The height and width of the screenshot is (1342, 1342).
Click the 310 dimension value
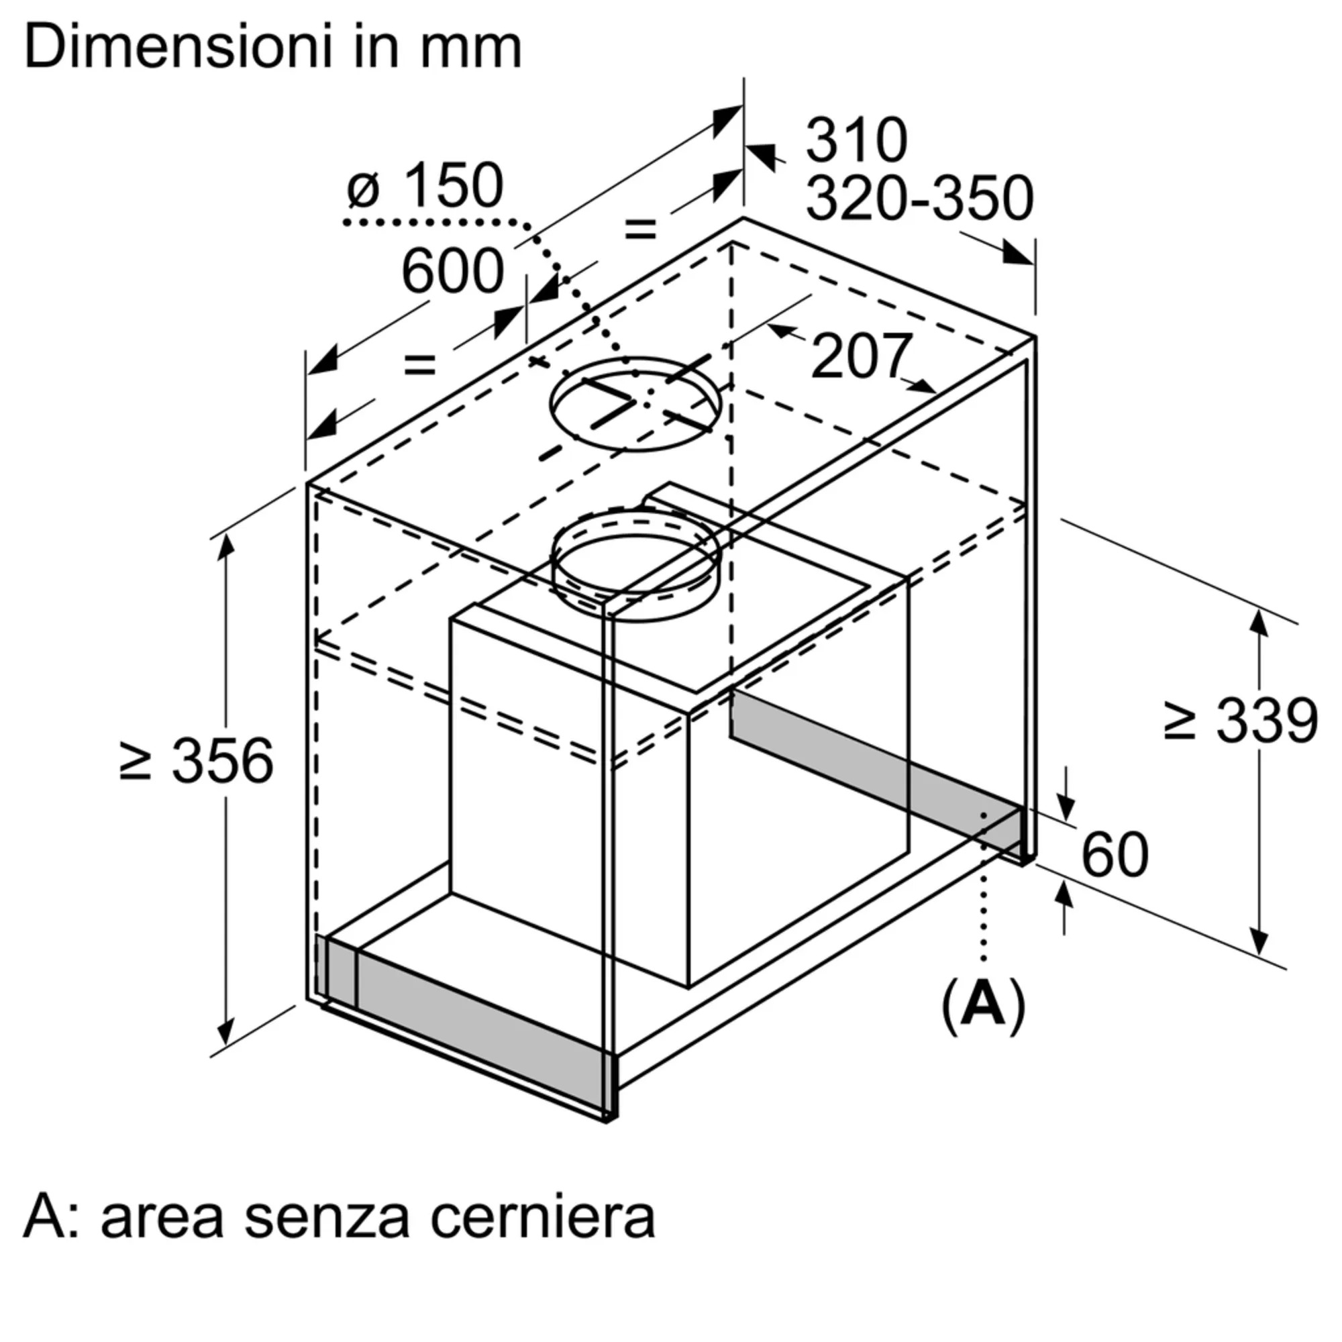coord(856,141)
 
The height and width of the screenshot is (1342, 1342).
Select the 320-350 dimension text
coord(919,199)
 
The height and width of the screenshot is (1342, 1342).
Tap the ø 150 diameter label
coord(425,185)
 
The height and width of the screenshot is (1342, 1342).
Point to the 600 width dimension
coord(452,272)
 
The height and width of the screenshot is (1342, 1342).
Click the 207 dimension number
coord(860,356)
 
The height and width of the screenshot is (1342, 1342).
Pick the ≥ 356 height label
coord(197,762)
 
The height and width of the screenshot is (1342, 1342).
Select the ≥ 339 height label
coord(1240,719)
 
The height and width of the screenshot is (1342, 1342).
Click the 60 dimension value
coord(1114,855)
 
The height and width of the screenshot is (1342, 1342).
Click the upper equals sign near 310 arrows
coord(639,229)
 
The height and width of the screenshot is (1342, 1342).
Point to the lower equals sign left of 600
coord(420,364)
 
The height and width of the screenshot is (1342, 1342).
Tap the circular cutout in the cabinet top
coord(634,404)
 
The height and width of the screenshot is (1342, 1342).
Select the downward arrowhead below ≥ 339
coord(1259,943)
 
